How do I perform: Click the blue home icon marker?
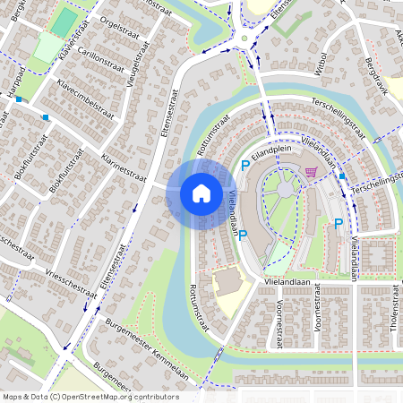201,193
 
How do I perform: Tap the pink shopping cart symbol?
311,173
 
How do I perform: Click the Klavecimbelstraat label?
86,99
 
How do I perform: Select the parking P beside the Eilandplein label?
245,165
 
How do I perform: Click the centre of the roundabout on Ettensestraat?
244,39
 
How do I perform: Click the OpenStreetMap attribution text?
90,396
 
